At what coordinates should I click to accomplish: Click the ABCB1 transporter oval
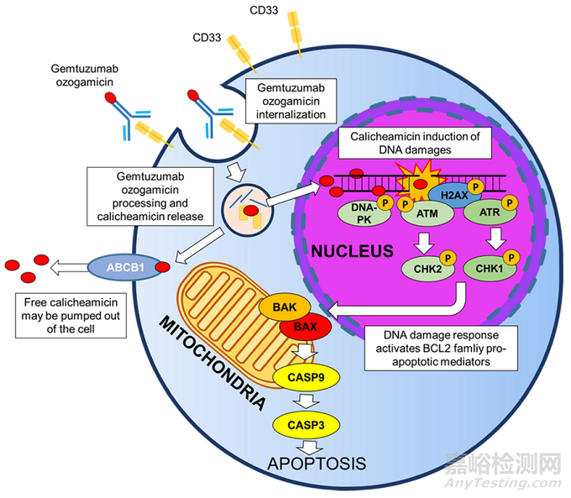[x=123, y=266]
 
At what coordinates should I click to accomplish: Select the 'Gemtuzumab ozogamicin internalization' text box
[x=285, y=98]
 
